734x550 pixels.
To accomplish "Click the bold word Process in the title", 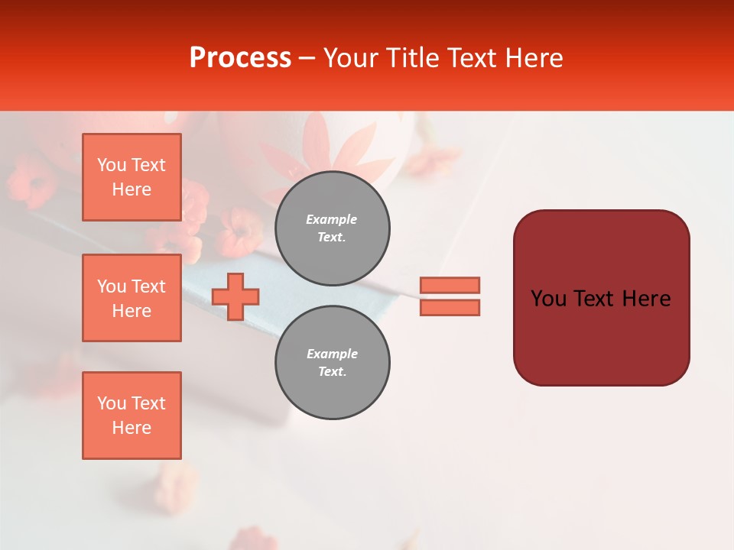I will (240, 58).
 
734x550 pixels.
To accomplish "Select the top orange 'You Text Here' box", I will (132, 177).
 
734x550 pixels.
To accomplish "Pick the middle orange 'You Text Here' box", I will (132, 298).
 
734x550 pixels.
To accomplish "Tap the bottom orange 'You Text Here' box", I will (132, 416).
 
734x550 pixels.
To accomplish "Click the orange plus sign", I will (235, 296).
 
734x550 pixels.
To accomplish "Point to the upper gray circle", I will (332, 228).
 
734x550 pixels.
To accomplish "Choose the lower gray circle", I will (332, 363).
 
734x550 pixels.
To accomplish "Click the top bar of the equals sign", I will (450, 285).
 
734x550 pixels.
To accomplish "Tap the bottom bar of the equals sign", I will (450, 307).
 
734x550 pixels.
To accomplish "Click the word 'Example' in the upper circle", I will (332, 219).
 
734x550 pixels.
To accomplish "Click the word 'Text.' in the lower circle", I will (332, 372).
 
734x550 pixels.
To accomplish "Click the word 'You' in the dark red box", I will (548, 299).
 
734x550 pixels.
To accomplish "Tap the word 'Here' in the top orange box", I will (132, 189).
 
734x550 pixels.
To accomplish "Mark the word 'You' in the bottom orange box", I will (112, 403).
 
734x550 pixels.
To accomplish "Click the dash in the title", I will (307, 58).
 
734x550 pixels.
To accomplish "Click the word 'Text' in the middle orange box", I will (148, 286).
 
